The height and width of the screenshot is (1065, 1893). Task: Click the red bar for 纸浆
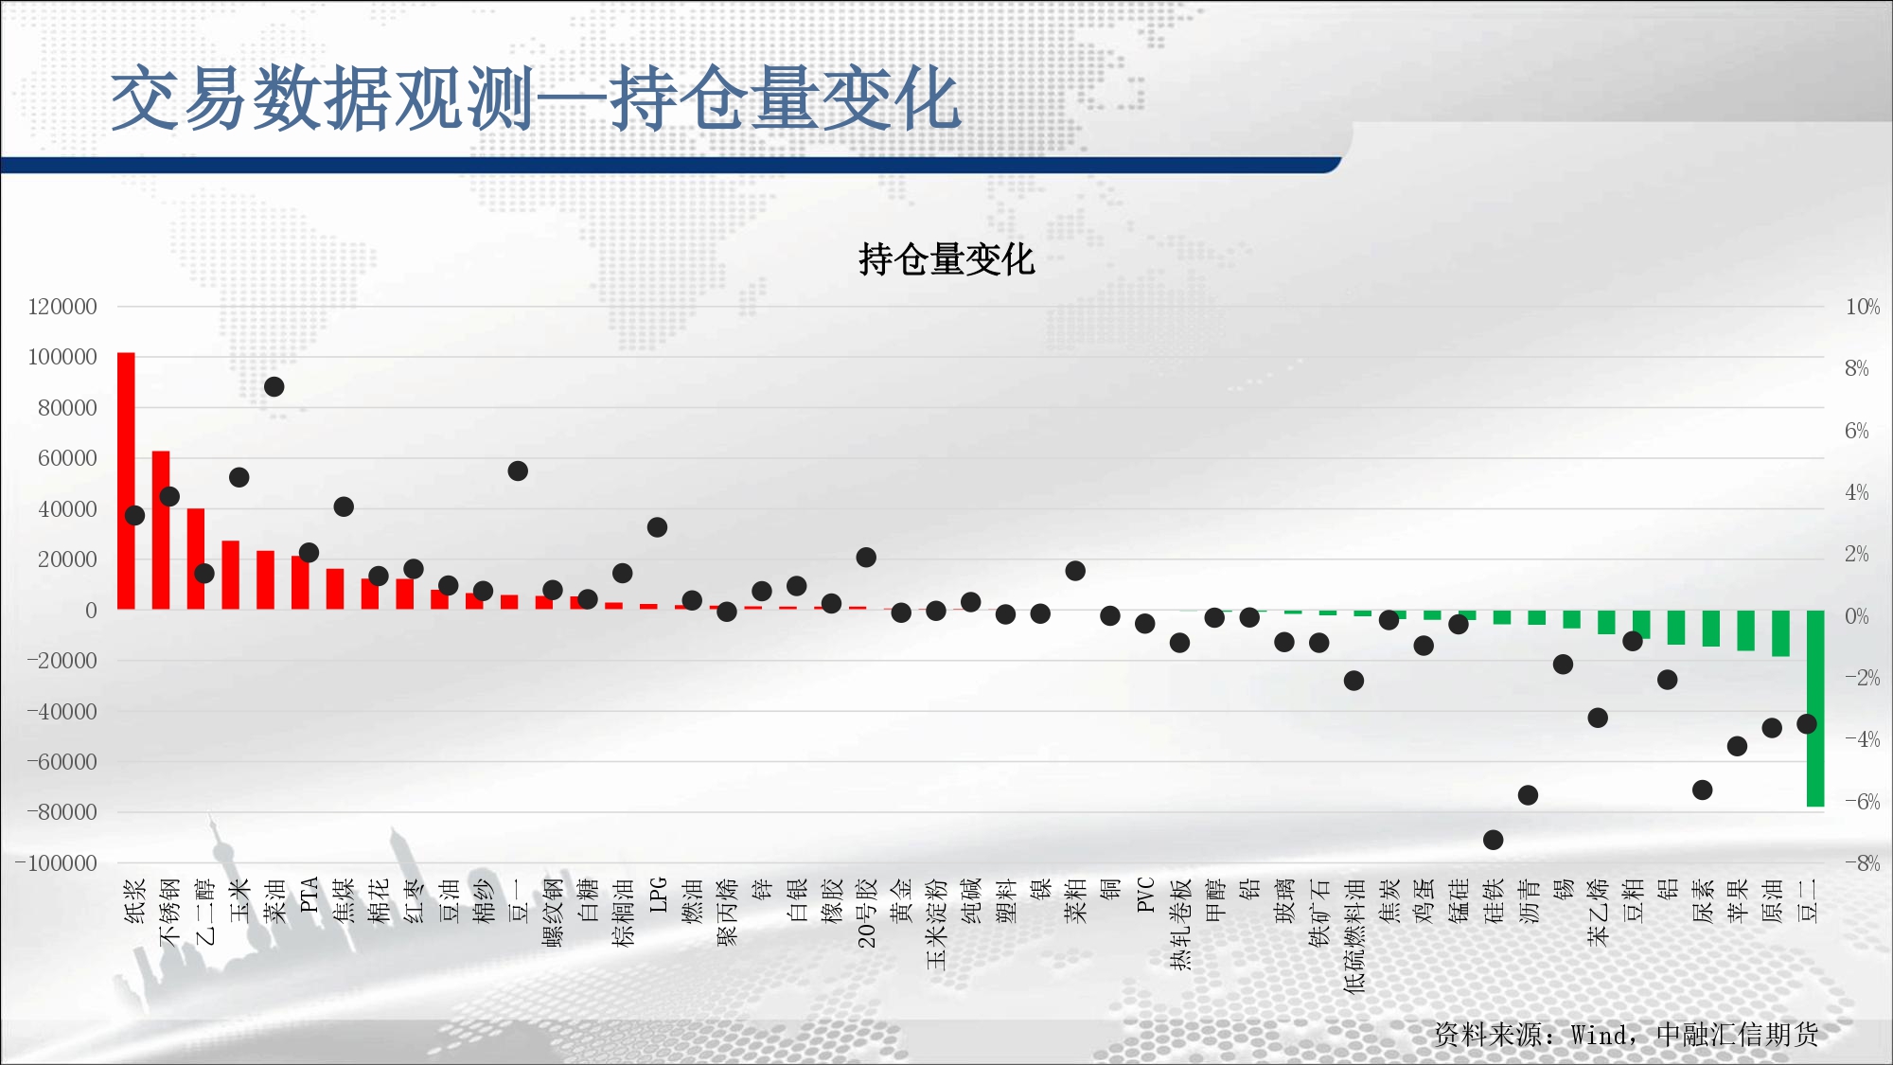point(126,481)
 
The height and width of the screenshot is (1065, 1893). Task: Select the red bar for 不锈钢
point(161,530)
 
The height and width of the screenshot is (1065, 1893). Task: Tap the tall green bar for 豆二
point(1815,708)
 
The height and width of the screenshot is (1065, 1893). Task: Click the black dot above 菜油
point(274,386)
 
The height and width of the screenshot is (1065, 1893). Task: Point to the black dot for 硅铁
point(1493,840)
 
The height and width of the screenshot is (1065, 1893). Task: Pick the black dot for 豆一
point(518,470)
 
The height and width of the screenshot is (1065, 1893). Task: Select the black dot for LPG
point(657,527)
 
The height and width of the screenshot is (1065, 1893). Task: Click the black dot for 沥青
point(1528,795)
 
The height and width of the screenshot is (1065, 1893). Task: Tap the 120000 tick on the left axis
point(62,307)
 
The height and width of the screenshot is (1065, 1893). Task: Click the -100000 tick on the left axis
point(57,863)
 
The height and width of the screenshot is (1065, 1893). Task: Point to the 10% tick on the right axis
point(1863,307)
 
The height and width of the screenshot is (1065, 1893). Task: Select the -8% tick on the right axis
point(1862,863)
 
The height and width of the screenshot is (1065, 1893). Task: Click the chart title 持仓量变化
point(946,259)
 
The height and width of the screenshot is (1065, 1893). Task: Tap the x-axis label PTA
point(309,895)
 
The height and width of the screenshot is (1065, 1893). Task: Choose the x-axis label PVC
point(1145,895)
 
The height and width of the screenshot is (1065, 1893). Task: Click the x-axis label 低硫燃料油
point(1354,935)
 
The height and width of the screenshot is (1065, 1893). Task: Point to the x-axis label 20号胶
point(866,913)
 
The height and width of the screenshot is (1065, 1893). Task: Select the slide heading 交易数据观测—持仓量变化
point(536,98)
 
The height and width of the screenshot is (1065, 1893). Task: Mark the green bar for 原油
point(1780,633)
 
